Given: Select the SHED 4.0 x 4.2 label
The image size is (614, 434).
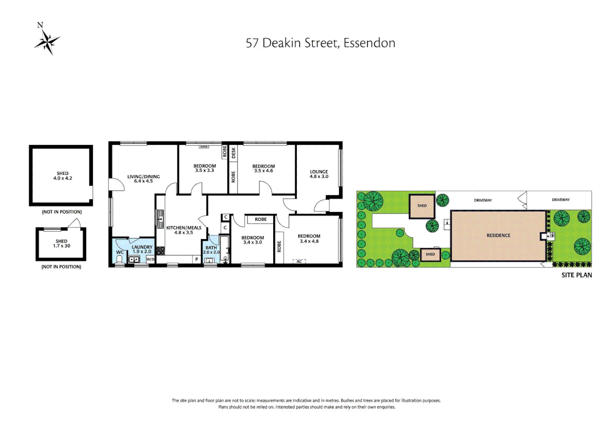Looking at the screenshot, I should (x=63, y=176).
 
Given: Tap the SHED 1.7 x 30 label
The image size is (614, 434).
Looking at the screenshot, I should (x=61, y=244).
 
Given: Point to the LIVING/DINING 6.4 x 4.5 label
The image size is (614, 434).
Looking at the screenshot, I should (x=143, y=179).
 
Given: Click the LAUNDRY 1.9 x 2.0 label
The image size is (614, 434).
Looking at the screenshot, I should (x=142, y=249).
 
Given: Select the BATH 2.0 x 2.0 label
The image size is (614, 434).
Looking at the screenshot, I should (x=211, y=250).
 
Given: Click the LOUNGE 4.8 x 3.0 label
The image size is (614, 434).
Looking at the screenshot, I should (x=319, y=174).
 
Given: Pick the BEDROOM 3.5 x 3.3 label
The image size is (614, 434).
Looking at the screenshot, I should (x=205, y=168).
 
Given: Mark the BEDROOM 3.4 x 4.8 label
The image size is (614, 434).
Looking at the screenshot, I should (x=309, y=239).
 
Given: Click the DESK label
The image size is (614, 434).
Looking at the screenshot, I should (x=233, y=153).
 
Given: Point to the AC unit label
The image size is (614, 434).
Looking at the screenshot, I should (x=299, y=262).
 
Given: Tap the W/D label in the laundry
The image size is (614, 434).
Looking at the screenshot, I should (x=150, y=259).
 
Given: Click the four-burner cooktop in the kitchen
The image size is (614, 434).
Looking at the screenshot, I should (x=160, y=251).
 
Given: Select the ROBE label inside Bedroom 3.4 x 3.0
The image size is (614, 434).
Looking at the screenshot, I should (x=260, y=219).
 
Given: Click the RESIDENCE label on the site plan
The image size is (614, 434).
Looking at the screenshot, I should (x=498, y=235).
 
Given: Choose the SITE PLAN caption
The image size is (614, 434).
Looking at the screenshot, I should (x=576, y=275).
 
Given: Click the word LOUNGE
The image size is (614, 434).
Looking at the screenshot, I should (x=319, y=172).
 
